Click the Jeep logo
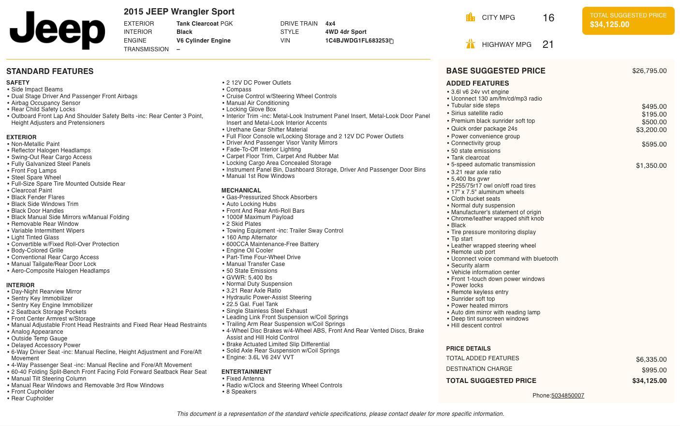pyautogui.click(x=57, y=30)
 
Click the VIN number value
pyautogui.click(x=356, y=41)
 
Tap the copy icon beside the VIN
pyautogui.click(x=391, y=41)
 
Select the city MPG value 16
pyautogui.click(x=548, y=18)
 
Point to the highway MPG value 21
pyautogui.click(x=548, y=44)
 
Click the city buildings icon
pyautogui.click(x=470, y=17)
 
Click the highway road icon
pyautogui.click(x=470, y=44)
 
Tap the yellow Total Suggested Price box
pyautogui.click(x=628, y=20)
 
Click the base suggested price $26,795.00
pyautogui.click(x=649, y=71)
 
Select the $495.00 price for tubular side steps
pyautogui.click(x=654, y=106)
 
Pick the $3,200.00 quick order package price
pyautogui.click(x=651, y=130)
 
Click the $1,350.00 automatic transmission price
pyautogui.click(x=651, y=165)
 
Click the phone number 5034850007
pyautogui.click(x=567, y=396)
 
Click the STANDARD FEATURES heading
pyautogui.click(x=50, y=71)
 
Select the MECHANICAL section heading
pyautogui.click(x=241, y=191)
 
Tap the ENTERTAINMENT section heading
pyautogui.click(x=246, y=372)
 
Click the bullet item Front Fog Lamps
pyautogui.click(x=34, y=171)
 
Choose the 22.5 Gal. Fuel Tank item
pyautogui.click(x=252, y=304)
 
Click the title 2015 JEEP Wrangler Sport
pyautogui.click(x=179, y=12)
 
